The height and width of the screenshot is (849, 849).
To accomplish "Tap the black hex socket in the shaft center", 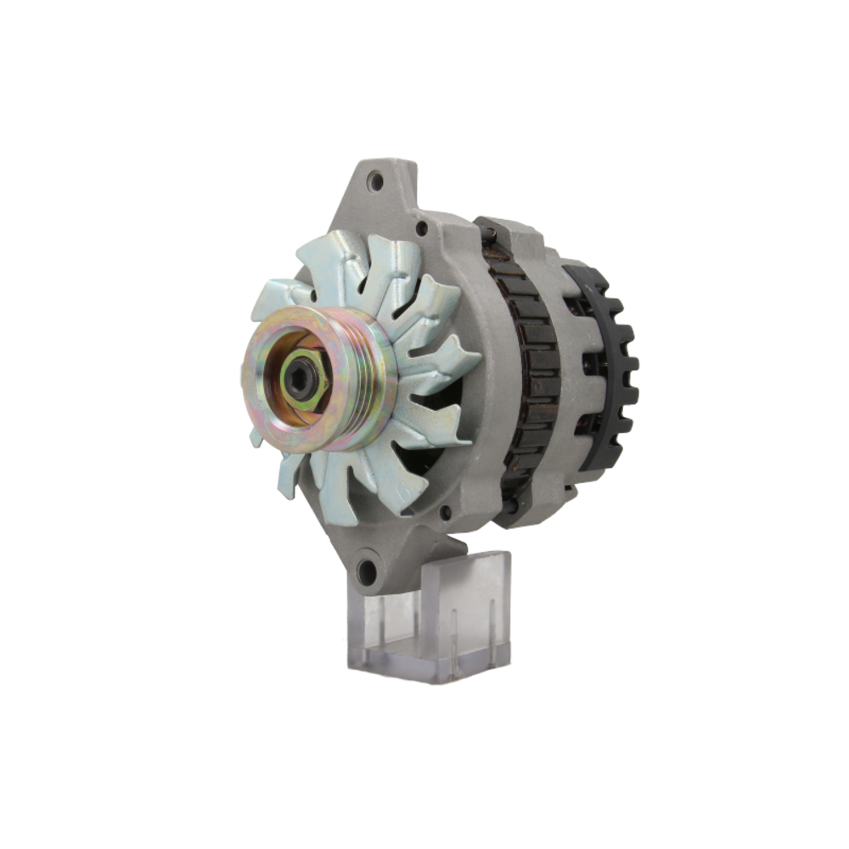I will tap(300, 380).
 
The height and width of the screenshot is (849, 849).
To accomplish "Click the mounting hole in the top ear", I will tap(375, 181).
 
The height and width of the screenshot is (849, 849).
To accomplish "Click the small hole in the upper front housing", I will tap(421, 228).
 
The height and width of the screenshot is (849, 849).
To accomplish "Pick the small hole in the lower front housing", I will tap(445, 512).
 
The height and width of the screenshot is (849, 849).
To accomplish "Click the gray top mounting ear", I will tap(382, 195).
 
